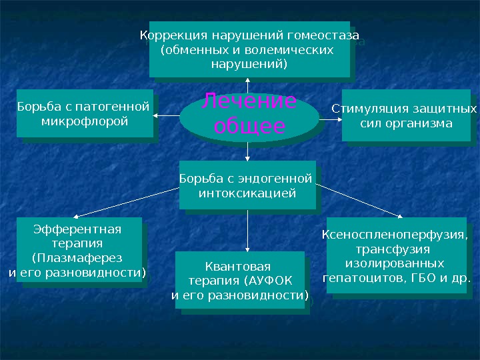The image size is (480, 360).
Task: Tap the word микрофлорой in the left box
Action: (85, 121)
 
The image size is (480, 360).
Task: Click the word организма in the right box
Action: (424, 123)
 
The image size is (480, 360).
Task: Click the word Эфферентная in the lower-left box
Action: (77, 229)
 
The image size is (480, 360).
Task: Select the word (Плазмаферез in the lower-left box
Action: (77, 258)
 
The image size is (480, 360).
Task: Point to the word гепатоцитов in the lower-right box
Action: (362, 277)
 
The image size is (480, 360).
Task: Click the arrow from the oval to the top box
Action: (247, 85)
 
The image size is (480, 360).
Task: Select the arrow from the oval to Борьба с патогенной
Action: (167, 116)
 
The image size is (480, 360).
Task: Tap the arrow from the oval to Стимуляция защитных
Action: (330, 119)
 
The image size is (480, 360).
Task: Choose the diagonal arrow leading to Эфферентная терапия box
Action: (127, 202)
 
